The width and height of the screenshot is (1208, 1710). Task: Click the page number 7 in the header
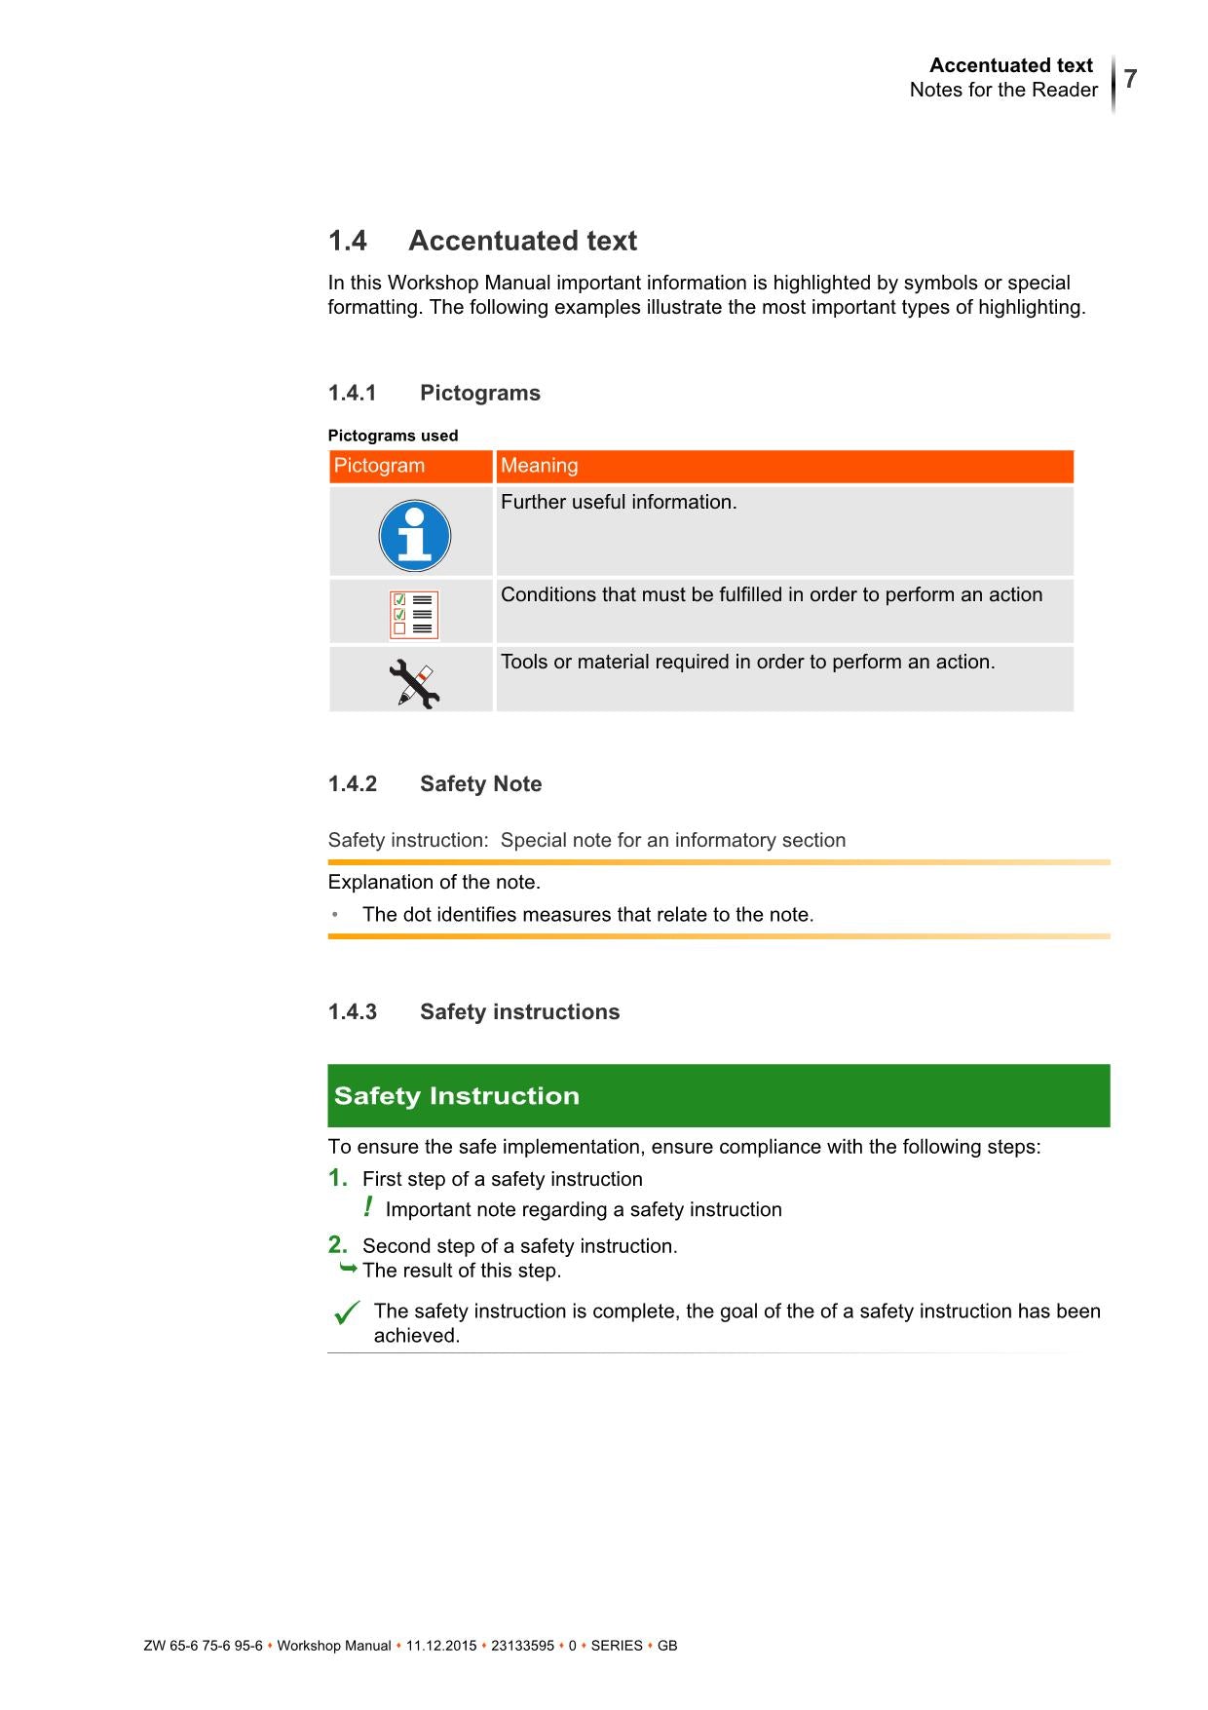[x=1130, y=79]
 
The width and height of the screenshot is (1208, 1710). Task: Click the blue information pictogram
[x=414, y=535]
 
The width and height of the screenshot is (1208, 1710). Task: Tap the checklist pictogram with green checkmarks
[x=413, y=615]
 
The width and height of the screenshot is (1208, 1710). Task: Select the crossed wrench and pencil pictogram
[x=414, y=684]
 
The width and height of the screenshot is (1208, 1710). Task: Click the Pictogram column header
[x=379, y=466]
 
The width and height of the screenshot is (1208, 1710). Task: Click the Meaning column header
[x=539, y=466]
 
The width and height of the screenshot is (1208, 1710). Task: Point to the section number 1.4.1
[x=352, y=393]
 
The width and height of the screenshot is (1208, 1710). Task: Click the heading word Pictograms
[x=479, y=393]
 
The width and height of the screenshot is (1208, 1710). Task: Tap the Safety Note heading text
[x=480, y=783]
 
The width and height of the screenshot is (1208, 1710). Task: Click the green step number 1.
[x=337, y=1178]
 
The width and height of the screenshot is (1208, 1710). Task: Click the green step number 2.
[x=337, y=1244]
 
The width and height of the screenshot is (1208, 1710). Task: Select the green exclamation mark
[x=367, y=1207]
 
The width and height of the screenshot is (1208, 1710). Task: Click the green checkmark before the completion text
[x=347, y=1312]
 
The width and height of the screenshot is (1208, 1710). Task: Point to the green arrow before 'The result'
[x=348, y=1269]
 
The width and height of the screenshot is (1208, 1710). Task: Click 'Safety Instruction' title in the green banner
[x=456, y=1095]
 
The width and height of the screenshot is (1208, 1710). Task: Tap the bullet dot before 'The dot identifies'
[x=335, y=914]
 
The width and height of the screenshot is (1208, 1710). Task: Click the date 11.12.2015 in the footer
[x=441, y=1646]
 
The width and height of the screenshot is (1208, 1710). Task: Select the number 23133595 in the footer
[x=522, y=1646]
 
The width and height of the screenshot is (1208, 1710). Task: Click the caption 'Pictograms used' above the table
[x=393, y=436]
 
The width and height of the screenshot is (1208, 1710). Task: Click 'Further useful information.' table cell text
[x=619, y=502]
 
